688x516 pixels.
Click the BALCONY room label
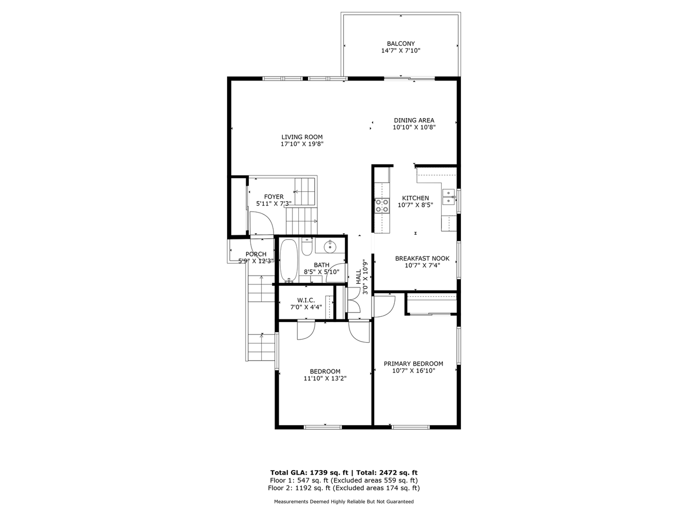(401, 43)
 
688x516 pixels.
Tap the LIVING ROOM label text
(302, 137)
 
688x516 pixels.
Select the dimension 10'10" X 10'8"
(414, 127)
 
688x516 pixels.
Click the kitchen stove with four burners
(382, 205)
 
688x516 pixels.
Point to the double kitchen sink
(449, 197)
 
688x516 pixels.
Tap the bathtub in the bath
(289, 261)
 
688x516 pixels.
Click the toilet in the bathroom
(307, 246)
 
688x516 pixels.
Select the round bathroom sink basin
(330, 247)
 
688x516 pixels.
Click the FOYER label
(274, 197)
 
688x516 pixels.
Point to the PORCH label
(256, 254)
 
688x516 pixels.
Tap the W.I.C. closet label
(306, 300)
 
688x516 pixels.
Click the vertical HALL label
(358, 277)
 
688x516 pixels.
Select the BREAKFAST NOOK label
(422, 259)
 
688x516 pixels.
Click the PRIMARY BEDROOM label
(413, 364)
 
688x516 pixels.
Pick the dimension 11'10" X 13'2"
(325, 378)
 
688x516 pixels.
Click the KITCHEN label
(415, 198)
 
